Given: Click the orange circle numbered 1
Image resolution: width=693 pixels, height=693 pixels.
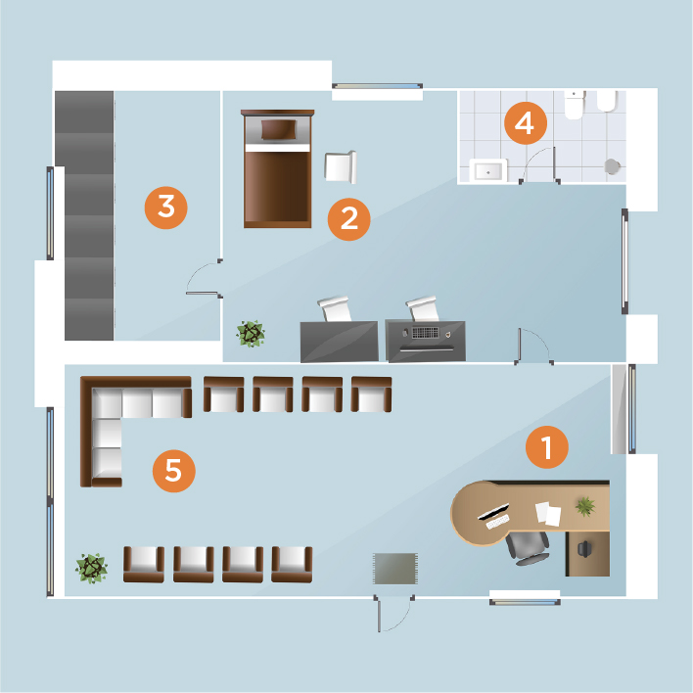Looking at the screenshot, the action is point(547,446).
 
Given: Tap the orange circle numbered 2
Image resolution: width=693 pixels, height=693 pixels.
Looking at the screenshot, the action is point(349,219).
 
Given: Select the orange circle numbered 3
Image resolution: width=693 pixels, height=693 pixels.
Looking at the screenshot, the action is point(166,208).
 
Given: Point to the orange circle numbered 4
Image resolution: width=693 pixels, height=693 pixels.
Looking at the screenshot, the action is point(526,123).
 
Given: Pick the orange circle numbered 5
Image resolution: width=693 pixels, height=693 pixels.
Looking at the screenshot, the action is point(173,471).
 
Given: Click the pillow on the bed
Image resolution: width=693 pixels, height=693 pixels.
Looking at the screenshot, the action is point(278,129).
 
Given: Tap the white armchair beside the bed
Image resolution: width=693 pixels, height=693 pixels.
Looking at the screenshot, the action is point(341,167).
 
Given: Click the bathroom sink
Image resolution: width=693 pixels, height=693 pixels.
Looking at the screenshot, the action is point(487,170).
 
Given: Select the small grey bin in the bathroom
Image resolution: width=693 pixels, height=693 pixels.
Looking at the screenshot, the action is point(612,166).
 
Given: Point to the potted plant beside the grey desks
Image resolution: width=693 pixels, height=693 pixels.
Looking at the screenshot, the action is point(251,334).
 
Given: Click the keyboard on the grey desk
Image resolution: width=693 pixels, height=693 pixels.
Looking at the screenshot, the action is point(425,333).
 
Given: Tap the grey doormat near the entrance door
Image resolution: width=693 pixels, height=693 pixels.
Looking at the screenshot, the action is point(395,569).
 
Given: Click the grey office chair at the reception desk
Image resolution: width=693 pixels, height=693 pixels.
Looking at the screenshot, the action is point(529,548).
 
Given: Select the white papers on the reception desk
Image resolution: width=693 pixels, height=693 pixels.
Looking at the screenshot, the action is point(548,514).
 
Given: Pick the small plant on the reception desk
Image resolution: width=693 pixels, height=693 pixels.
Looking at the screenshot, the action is point(585,506).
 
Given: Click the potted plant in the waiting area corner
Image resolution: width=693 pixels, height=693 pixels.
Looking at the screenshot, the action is point(91,569).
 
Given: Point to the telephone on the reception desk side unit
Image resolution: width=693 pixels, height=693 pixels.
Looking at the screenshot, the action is point(584,549).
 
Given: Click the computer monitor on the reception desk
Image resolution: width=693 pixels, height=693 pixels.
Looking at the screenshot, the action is point(493,512).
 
